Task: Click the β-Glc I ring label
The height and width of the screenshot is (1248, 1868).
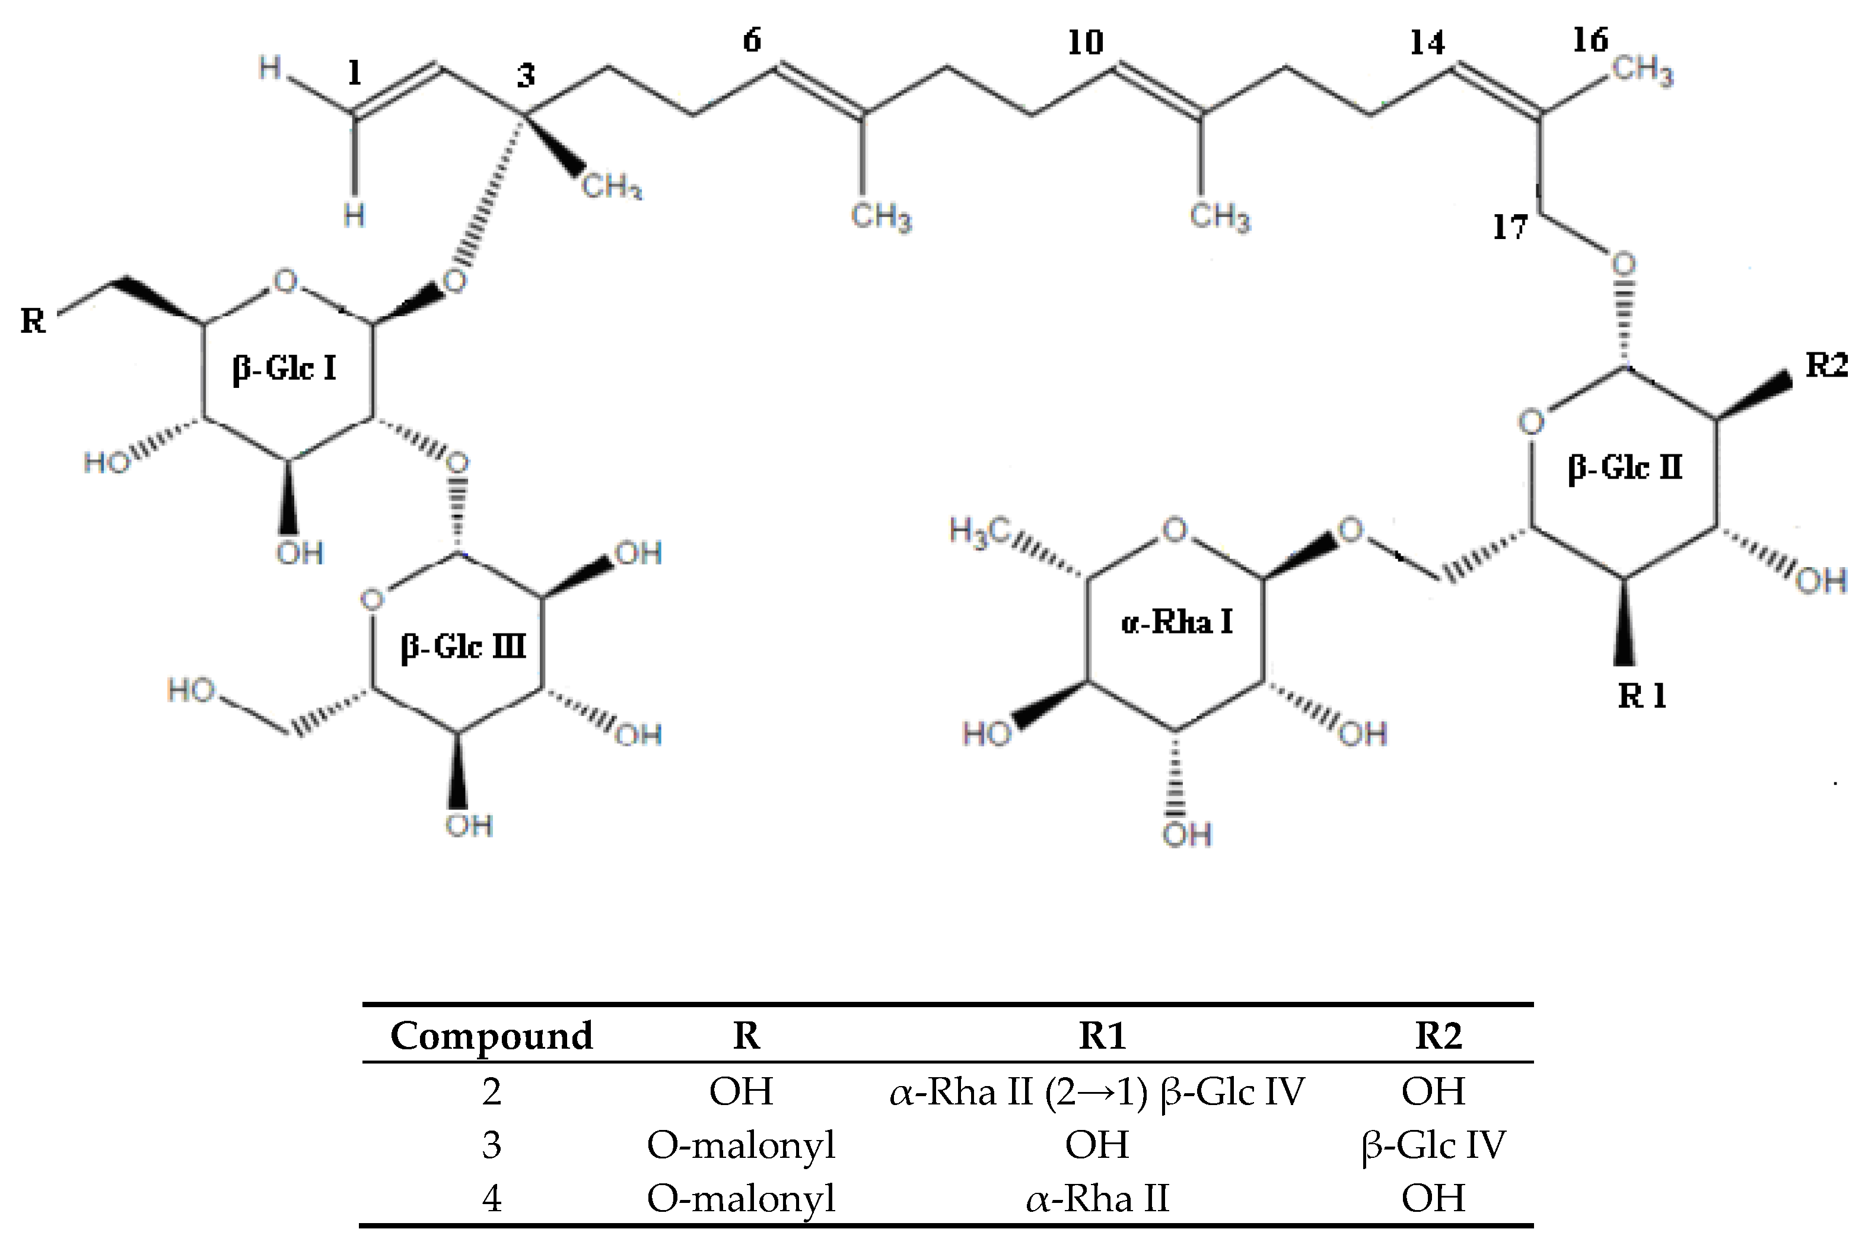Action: [x=284, y=368]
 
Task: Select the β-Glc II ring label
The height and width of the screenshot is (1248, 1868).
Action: [x=1624, y=467]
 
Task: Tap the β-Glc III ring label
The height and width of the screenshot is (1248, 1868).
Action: [x=463, y=647]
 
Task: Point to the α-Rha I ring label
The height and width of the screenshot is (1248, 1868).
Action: [x=1176, y=622]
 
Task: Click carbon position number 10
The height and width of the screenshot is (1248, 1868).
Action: [x=1085, y=43]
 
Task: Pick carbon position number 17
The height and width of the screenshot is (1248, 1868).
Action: [x=1510, y=228]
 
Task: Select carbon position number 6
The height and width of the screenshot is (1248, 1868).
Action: [x=752, y=40]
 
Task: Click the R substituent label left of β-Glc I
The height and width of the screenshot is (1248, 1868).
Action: [x=33, y=321]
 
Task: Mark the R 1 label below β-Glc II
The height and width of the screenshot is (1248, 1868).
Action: [x=1642, y=696]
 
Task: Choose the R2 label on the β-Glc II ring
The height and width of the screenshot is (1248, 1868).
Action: [x=1826, y=365]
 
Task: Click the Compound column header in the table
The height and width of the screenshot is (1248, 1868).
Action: [x=491, y=1036]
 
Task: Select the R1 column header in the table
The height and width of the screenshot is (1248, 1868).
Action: [x=1102, y=1036]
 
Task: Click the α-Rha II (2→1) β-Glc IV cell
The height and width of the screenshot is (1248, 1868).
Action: [x=1097, y=1091]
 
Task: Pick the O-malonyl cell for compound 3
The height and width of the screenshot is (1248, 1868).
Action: [x=741, y=1145]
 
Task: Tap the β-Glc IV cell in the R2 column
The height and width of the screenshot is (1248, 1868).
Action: [x=1433, y=1145]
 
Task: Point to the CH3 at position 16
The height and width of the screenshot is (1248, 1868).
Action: [x=1643, y=72]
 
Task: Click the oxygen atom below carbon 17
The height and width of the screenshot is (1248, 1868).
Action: [x=1623, y=263]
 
